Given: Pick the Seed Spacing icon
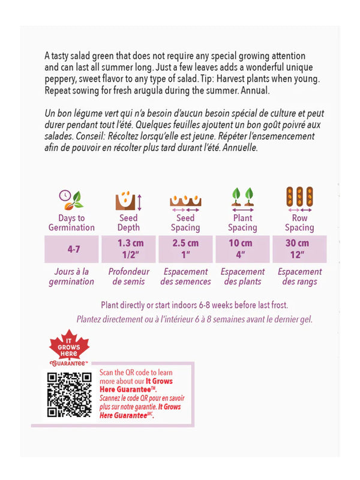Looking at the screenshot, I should point(185,201).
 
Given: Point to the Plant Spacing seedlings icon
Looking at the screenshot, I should point(242,199).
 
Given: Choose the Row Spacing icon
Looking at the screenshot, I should point(299,199).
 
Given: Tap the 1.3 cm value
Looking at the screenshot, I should point(128,244).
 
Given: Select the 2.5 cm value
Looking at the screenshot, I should point(185,244).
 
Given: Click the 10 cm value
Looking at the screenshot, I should point(242,244).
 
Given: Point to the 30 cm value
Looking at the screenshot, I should point(299,244).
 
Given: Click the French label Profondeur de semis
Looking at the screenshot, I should point(128,277).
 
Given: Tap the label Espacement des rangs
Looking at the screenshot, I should point(299,277).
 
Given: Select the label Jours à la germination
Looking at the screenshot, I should point(71,277).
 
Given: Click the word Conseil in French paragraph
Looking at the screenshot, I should point(94,136).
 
